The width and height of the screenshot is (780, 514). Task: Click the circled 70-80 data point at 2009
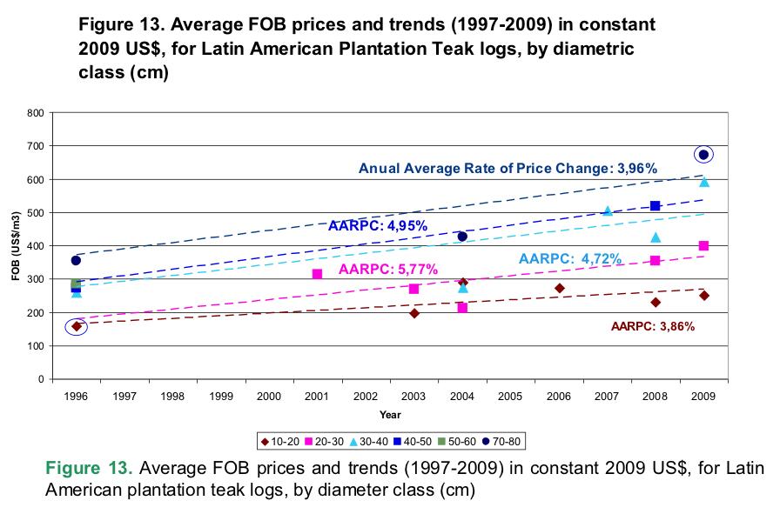tap(703, 155)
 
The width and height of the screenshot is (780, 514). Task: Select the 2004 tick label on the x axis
tap(461, 396)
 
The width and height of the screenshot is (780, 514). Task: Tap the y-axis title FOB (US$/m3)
tap(16, 246)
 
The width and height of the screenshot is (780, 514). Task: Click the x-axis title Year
tap(390, 414)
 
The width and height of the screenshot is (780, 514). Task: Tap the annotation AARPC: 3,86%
tap(652, 327)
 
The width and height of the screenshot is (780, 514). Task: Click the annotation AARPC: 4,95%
tap(365, 226)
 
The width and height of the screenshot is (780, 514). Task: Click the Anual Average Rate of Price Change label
tap(508, 169)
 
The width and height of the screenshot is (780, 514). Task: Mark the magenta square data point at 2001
tap(317, 274)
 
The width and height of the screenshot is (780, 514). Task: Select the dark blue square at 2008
tap(655, 205)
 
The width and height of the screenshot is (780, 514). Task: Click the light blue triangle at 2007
tap(608, 211)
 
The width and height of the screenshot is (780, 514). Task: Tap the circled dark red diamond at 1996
tap(76, 326)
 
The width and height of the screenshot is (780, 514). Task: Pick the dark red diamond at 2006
tap(559, 288)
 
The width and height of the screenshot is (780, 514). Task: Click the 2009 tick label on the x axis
tap(703, 396)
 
